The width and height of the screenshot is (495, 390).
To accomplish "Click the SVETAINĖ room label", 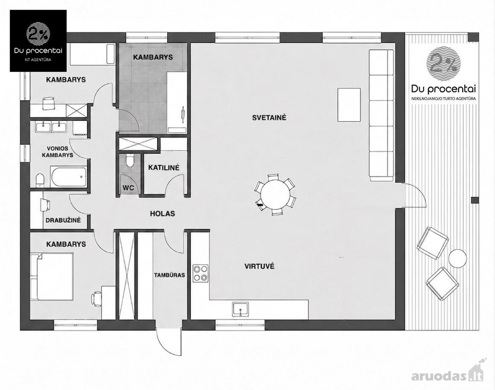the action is pyautogui.click(x=269, y=117).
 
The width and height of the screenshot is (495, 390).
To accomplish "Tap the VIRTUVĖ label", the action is pyautogui.click(x=260, y=266).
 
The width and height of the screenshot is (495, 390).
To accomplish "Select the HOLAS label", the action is pyautogui.click(x=162, y=214).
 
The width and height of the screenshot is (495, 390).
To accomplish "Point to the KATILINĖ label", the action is pyautogui.click(x=164, y=167).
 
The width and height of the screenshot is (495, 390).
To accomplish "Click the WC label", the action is pyautogui.click(x=129, y=188).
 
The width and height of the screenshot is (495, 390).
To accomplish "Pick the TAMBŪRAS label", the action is pyautogui.click(x=170, y=275).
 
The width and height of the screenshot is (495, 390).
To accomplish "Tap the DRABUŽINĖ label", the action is pyautogui.click(x=63, y=220).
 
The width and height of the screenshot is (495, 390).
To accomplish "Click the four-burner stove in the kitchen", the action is pyautogui.click(x=201, y=273).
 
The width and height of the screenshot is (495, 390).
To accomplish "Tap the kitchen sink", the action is pyautogui.click(x=241, y=309).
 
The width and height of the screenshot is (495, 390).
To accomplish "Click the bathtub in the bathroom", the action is pyautogui.click(x=68, y=177).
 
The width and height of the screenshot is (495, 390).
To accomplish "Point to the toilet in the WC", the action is pyautogui.click(x=130, y=160).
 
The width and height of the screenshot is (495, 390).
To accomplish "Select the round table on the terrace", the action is pyautogui.click(x=458, y=258).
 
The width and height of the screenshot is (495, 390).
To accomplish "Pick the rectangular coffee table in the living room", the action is pyautogui.click(x=349, y=104).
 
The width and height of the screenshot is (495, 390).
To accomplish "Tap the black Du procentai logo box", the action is pyautogui.click(x=38, y=41).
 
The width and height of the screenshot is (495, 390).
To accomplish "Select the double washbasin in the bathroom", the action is pyautogui.click(x=51, y=127).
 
